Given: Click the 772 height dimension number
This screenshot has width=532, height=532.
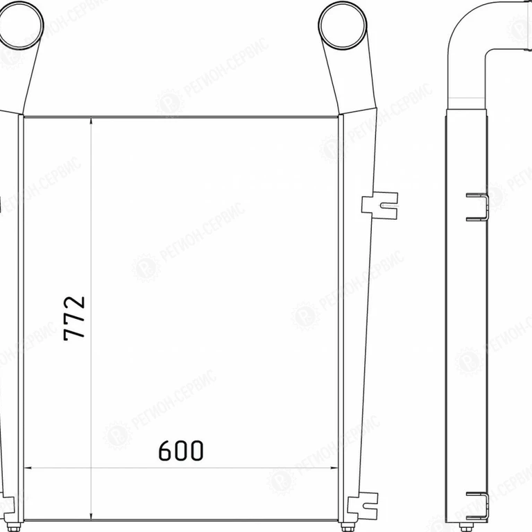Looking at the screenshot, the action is (x=74, y=318).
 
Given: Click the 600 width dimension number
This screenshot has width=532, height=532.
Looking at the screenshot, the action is (x=181, y=451).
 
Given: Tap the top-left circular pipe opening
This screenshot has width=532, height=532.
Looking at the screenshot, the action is (x=20, y=25).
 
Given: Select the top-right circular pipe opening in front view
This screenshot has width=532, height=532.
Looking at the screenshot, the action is (x=343, y=25).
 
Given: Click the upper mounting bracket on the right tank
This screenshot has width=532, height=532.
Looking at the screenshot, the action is (x=379, y=205).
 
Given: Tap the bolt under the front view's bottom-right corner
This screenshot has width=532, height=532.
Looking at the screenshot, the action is (x=346, y=528).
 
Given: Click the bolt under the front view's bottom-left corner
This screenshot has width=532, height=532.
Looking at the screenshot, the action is (x=14, y=528).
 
